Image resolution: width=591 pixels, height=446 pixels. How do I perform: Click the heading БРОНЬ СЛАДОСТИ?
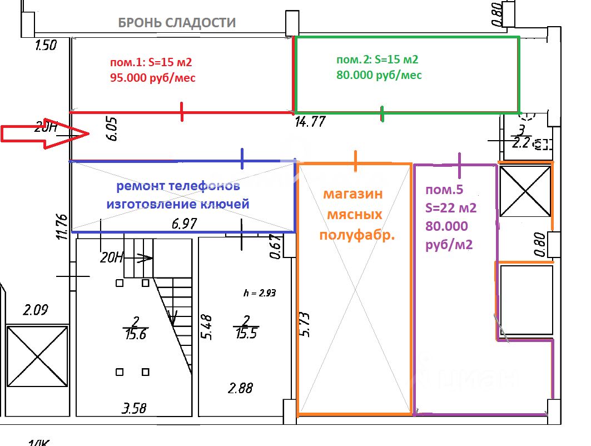click(x=177, y=23)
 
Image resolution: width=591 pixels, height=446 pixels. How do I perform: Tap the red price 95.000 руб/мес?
click(x=153, y=78)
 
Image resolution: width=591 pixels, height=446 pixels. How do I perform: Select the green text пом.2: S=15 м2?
click(x=377, y=60)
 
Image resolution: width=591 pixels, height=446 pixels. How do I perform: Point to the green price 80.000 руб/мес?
click(x=379, y=75)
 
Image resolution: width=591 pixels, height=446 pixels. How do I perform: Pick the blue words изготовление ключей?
click(x=178, y=204)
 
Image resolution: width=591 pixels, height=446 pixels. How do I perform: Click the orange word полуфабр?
click(x=357, y=235)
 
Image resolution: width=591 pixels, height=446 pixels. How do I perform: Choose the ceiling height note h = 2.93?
click(x=260, y=293)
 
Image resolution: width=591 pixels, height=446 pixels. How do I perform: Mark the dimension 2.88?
click(x=240, y=388)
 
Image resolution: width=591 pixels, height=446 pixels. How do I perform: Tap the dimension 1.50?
click(x=46, y=46)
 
